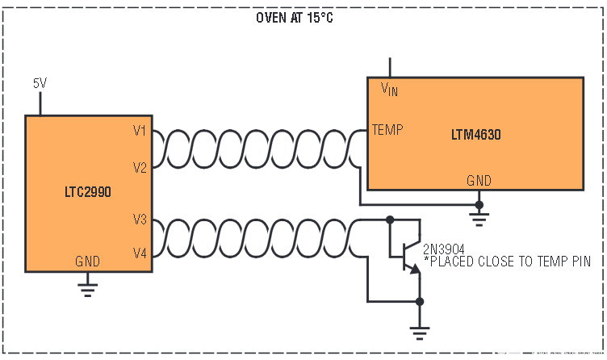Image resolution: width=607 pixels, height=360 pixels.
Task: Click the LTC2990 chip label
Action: [89, 193]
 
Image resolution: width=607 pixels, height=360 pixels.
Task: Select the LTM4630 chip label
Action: [475, 135]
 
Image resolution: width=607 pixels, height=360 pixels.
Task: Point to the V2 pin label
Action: [139, 168]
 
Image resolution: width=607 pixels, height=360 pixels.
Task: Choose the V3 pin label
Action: [139, 218]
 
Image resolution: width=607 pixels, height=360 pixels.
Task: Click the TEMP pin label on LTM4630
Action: [387, 129]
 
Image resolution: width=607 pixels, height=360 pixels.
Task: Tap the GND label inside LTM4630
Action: [479, 181]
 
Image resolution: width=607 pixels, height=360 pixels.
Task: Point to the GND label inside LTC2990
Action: [87, 262]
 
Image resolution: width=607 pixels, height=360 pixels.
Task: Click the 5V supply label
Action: [40, 83]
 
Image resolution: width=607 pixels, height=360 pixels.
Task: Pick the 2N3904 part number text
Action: [443, 249]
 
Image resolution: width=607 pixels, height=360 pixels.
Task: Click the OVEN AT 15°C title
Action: [294, 18]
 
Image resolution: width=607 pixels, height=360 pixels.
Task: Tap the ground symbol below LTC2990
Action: [88, 287]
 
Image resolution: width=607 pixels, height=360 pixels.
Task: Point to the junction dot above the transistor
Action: [389, 219]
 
